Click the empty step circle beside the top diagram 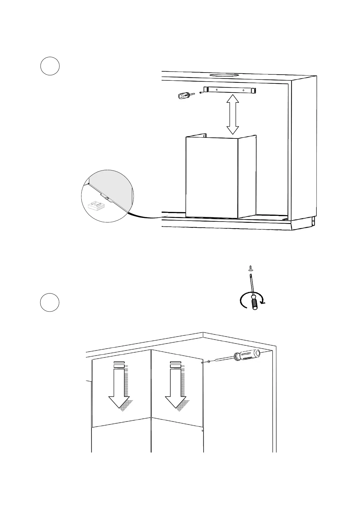[x=50, y=66]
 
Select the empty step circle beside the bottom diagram [x=50, y=302]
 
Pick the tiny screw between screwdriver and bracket [x=201, y=92]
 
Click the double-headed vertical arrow [x=233, y=114]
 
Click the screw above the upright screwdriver [x=250, y=267]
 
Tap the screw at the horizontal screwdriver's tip [x=209, y=361]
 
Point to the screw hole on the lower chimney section [x=202, y=430]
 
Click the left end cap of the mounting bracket [x=206, y=89]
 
